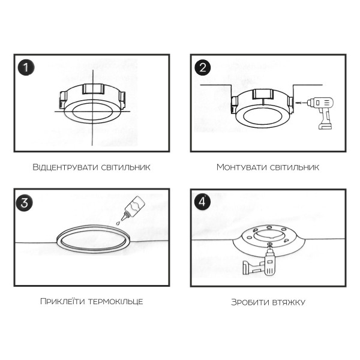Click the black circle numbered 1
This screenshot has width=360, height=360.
[26, 67]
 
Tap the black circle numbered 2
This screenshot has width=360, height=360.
[203, 67]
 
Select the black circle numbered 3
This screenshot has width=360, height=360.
[25, 203]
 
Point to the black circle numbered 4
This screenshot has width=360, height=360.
[202, 202]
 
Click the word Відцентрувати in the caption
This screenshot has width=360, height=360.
[65, 167]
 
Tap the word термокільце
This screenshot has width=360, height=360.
[115, 301]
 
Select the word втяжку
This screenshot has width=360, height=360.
[288, 302]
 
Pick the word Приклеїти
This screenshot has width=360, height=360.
[62, 301]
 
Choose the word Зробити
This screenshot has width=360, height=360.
[250, 302]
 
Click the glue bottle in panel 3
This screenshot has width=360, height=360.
[133, 208]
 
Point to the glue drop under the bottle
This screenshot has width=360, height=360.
[118, 223]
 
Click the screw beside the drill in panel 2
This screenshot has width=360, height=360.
[298, 103]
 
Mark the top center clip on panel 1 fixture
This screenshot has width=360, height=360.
[93, 89]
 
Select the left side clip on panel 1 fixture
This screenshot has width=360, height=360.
[62, 100]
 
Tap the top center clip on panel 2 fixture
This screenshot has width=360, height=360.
[263, 94]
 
